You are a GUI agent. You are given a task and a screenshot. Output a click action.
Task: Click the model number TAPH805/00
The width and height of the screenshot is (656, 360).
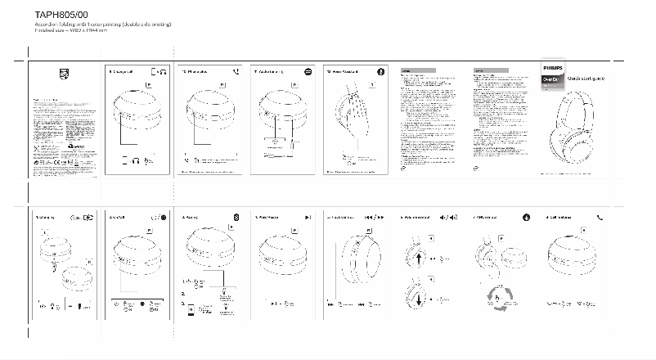(x=61, y=16)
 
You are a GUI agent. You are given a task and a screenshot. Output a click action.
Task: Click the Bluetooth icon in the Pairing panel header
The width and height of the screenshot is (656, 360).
(x=236, y=217)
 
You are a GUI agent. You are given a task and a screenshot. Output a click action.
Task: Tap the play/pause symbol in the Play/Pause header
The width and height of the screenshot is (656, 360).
(x=308, y=217)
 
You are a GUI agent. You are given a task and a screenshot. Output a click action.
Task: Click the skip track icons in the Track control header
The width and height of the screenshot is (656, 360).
(x=374, y=217)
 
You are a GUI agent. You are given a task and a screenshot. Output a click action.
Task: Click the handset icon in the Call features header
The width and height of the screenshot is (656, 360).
(x=600, y=217)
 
